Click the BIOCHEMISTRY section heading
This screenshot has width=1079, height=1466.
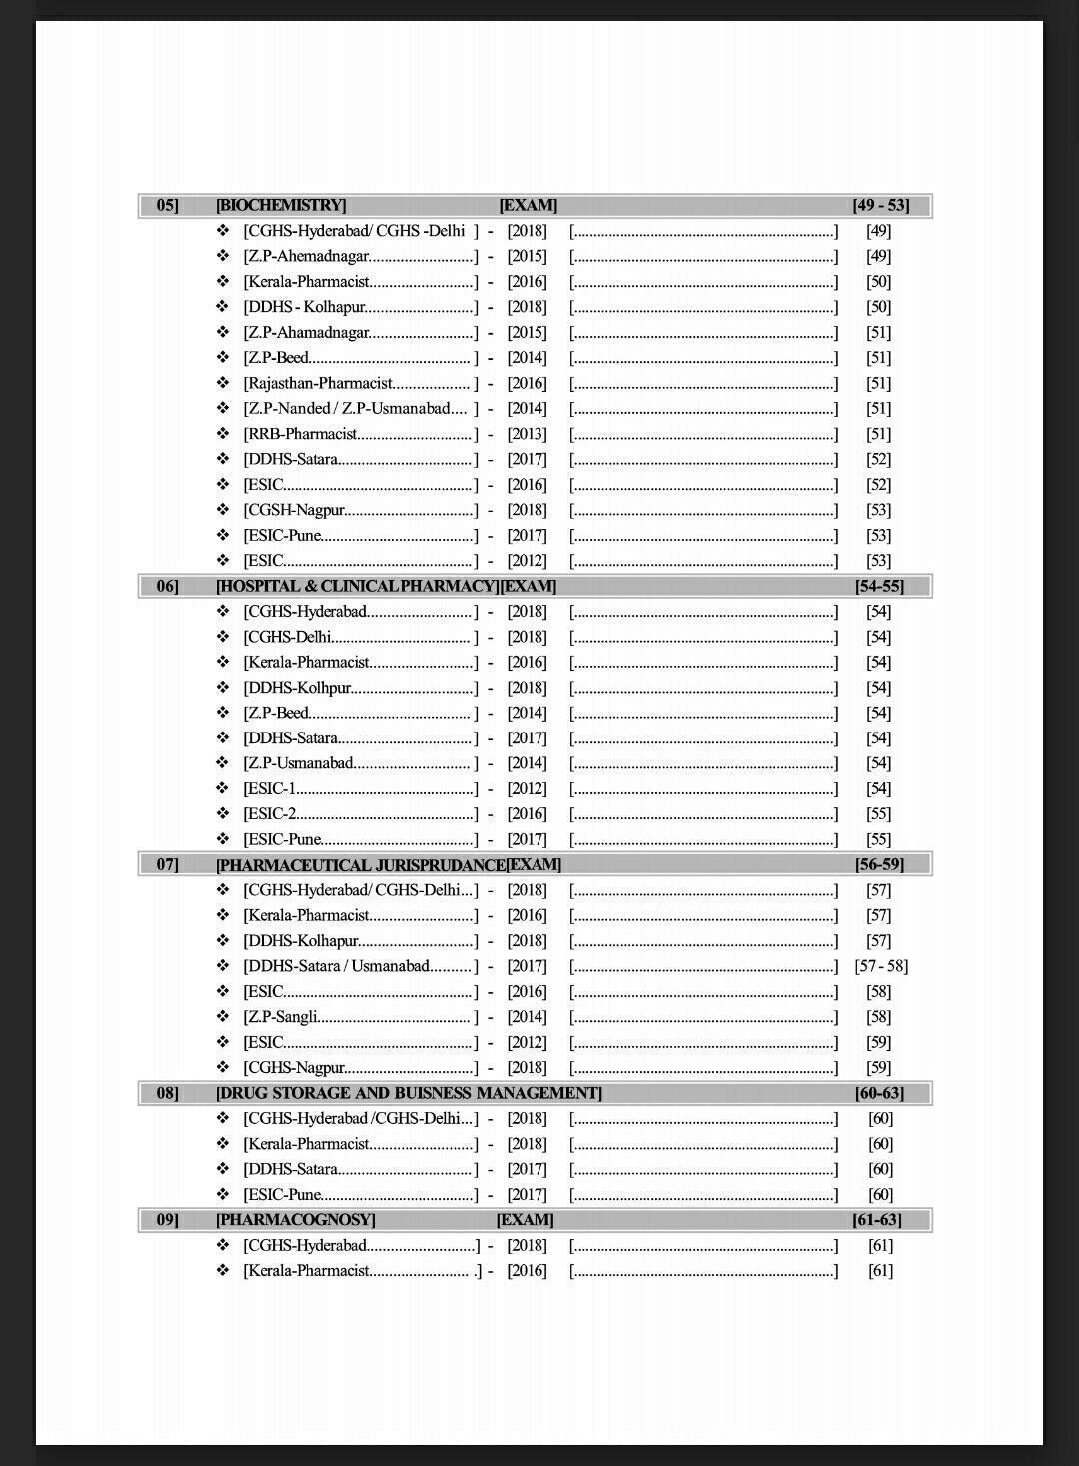click(281, 205)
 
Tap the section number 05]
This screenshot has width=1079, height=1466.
click(167, 205)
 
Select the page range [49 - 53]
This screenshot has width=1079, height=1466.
click(880, 205)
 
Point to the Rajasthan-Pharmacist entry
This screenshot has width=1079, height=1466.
click(319, 383)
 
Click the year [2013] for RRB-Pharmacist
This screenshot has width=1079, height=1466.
click(527, 434)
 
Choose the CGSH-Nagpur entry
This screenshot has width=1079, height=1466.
click(295, 510)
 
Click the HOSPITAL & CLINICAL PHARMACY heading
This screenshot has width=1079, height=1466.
click(357, 586)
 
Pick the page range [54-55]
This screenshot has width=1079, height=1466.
click(879, 586)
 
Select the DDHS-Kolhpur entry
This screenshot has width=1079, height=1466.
click(297, 688)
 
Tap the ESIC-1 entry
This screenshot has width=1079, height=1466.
click(270, 789)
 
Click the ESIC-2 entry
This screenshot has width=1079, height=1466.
click(270, 814)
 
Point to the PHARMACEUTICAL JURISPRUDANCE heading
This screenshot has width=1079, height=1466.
click(361, 865)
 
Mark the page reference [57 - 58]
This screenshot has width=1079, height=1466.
click(881, 966)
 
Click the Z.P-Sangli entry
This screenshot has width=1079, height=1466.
click(281, 1017)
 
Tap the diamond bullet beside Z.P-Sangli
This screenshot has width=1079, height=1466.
click(223, 1017)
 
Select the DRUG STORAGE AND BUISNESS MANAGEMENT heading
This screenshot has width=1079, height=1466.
click(409, 1093)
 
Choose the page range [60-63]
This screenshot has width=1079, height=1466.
click(879, 1093)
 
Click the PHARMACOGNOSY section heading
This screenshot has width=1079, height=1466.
click(296, 1220)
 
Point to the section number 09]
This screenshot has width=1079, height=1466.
click(167, 1220)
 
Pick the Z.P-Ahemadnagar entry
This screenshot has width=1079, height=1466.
click(307, 256)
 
